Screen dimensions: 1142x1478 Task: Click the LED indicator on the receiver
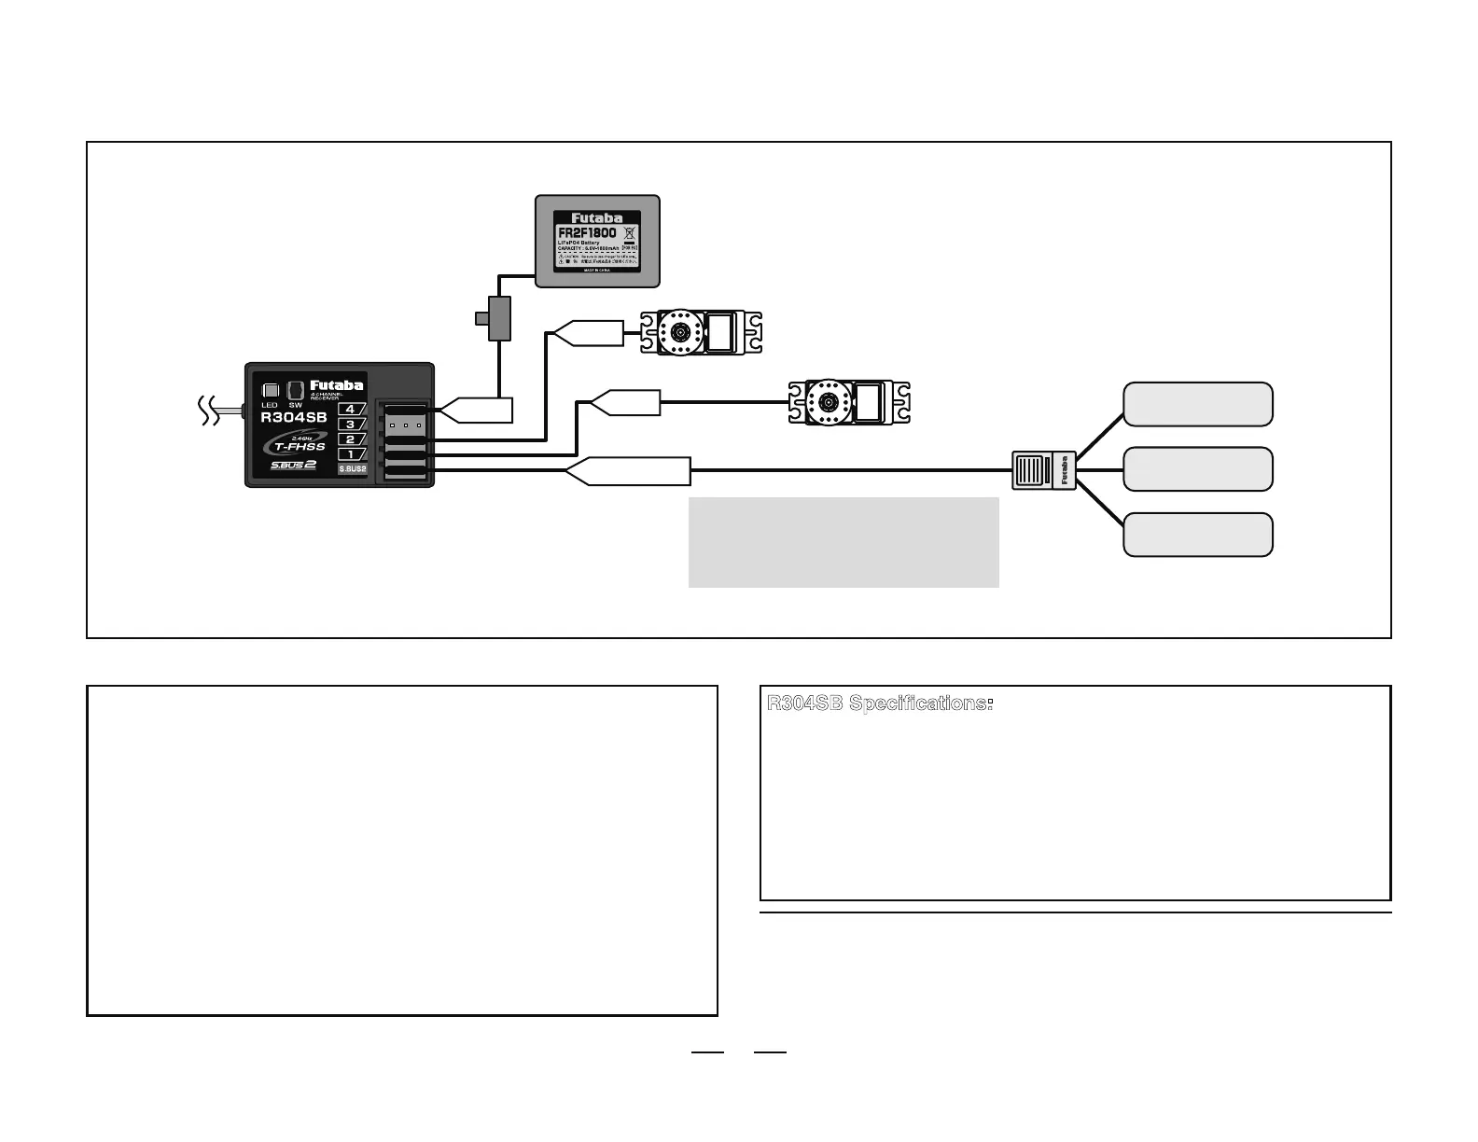pyautogui.click(x=271, y=390)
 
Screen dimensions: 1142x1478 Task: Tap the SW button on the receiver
pyautogui.click(x=295, y=389)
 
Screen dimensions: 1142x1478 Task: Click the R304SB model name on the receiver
pyautogui.click(x=294, y=417)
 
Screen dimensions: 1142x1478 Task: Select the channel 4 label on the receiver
pyautogui.click(x=351, y=409)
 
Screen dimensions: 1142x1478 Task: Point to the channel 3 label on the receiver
pyautogui.click(x=351, y=425)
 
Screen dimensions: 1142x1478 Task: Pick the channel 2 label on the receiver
pyautogui.click(x=351, y=439)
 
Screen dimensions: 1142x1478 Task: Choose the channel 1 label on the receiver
pyautogui.click(x=351, y=454)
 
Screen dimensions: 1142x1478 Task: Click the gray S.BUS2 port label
pyautogui.click(x=352, y=469)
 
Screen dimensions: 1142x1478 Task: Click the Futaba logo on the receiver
pyautogui.click(x=336, y=385)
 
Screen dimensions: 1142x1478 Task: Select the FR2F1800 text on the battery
pyautogui.click(x=587, y=232)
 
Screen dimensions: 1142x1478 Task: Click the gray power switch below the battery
pyautogui.click(x=499, y=318)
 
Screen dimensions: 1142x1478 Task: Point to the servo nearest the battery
pyautogui.click(x=701, y=333)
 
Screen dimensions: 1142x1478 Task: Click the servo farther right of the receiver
pyautogui.click(x=848, y=402)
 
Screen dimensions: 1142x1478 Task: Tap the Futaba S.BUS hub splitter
pyautogui.click(x=1044, y=470)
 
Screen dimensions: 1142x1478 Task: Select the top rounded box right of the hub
pyautogui.click(x=1197, y=404)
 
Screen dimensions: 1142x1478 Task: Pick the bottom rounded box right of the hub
pyautogui.click(x=1197, y=535)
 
